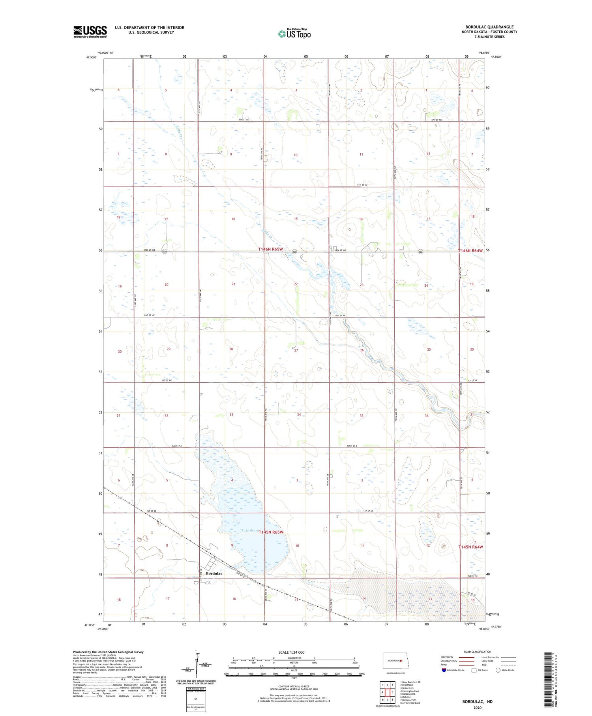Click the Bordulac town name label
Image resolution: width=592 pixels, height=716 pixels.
pyautogui.click(x=214, y=573)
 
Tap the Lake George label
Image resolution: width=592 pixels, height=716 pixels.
pyautogui.click(x=250, y=530)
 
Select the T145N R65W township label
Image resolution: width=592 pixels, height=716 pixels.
pyautogui.click(x=271, y=532)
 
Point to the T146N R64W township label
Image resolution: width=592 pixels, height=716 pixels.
pyautogui.click(x=470, y=251)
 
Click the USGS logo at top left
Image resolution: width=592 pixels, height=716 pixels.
pyautogui.click(x=90, y=32)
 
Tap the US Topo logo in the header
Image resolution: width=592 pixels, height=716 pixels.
pyautogui.click(x=294, y=34)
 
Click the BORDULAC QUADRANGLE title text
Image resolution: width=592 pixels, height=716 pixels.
pyautogui.click(x=489, y=27)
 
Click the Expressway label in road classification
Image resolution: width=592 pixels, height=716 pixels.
pyautogui.click(x=447, y=657)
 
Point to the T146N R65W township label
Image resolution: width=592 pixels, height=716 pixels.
pyautogui.click(x=271, y=250)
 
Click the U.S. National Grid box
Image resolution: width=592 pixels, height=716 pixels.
pyautogui.click(x=196, y=699)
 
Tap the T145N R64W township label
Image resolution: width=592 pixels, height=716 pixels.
pyautogui.click(x=470, y=547)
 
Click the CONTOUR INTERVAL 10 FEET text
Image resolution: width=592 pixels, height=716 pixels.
pyautogui.click(x=294, y=686)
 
